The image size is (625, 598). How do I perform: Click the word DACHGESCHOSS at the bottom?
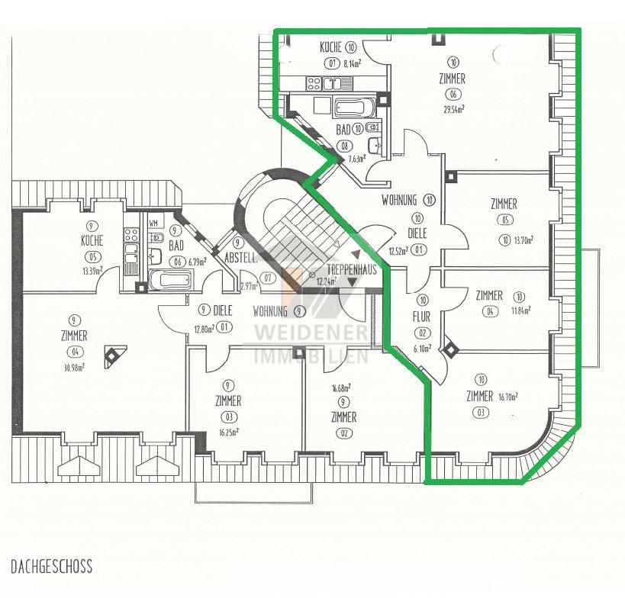52,567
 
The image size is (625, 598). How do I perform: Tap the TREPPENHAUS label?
352,270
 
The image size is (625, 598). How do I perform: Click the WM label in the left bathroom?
153,223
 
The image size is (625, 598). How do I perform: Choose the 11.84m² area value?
520,310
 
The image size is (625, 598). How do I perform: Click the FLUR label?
421,315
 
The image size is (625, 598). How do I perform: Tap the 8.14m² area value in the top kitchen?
352,64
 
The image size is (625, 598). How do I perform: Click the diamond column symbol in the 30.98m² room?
112,354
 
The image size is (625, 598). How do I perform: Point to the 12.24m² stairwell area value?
326,281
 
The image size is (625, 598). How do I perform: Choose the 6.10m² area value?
421,348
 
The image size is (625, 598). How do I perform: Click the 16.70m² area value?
507,397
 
